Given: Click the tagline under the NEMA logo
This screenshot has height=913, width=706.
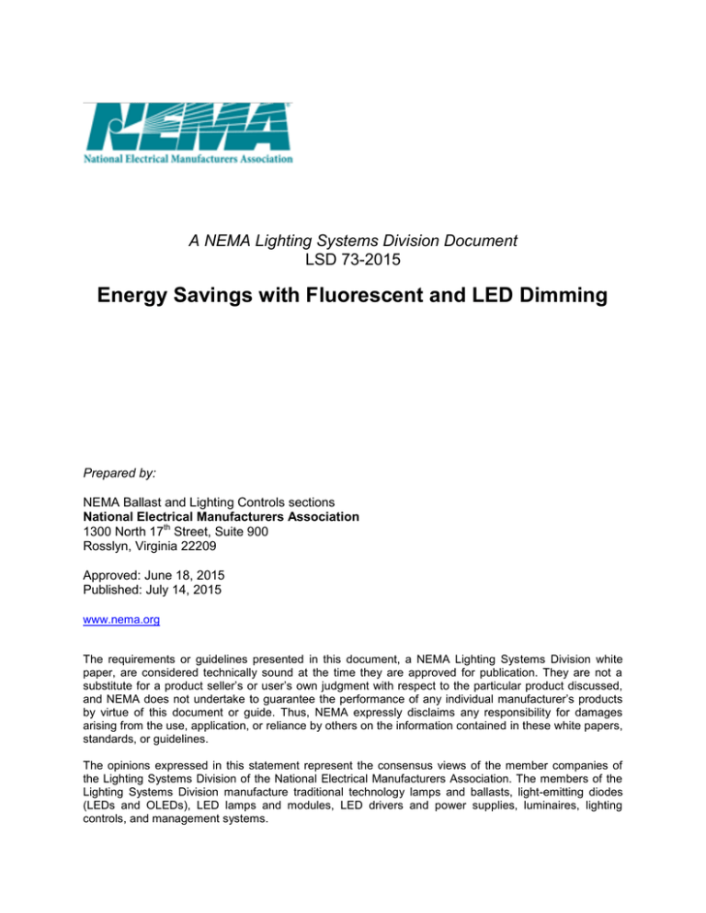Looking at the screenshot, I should tap(188, 159).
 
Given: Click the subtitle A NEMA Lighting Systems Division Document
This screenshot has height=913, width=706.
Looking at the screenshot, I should tap(353, 242).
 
